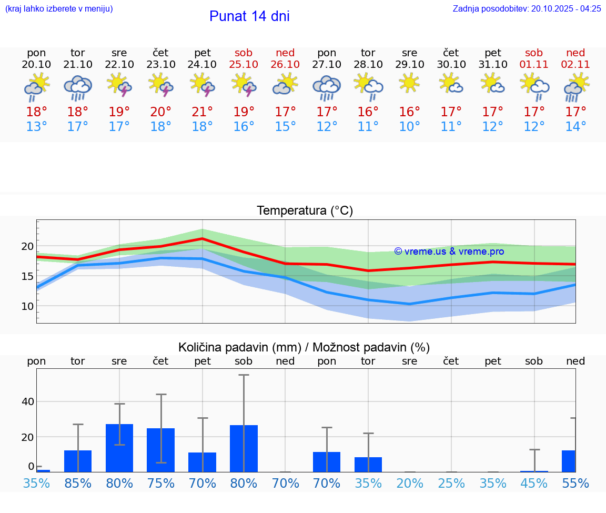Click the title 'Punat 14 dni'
pos(249,16)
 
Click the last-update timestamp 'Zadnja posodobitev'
pos(527,8)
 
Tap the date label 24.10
pos(203,64)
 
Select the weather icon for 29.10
pos(409,83)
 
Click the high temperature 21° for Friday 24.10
pos(203,112)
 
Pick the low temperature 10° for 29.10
pos(409,127)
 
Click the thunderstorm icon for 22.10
pos(119,84)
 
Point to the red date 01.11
pos(534,64)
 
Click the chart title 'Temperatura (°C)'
pos(305,210)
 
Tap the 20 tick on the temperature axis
pos(27,246)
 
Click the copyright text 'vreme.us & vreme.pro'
pos(449,252)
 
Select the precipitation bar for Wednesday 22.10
pos(119,448)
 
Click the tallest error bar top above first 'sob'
pos(244,375)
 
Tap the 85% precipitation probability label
pos(78,483)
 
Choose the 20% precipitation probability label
pos(409,483)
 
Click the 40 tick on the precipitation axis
pos(27,401)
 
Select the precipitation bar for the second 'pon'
pos(327,461)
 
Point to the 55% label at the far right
pos(575,483)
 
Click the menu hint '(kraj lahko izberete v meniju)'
pos(59,8)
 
